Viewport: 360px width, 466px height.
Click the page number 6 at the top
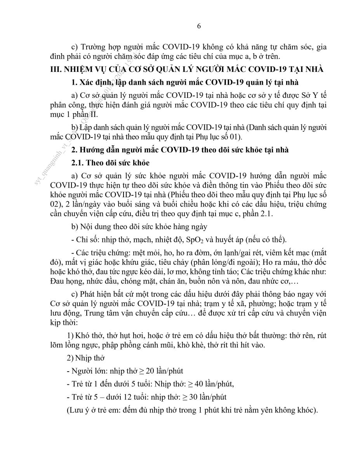tap(199, 26)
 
